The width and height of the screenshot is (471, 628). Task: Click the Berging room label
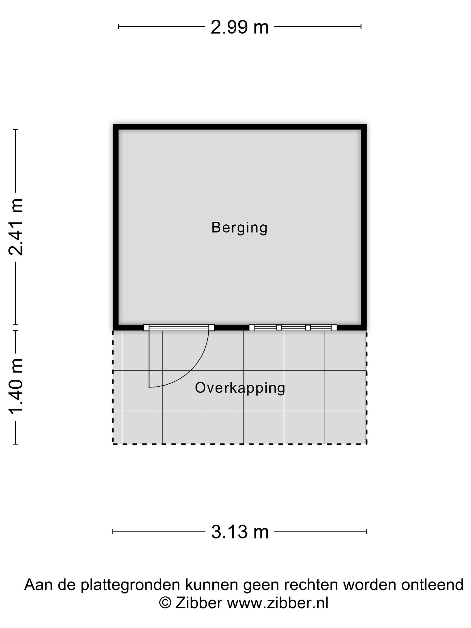click(x=239, y=228)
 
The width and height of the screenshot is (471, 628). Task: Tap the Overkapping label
click(x=240, y=388)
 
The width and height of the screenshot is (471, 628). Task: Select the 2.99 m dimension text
click(x=240, y=27)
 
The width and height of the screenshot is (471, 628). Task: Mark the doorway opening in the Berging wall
click(x=179, y=327)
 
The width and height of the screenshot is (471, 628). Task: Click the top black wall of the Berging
click(x=240, y=127)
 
